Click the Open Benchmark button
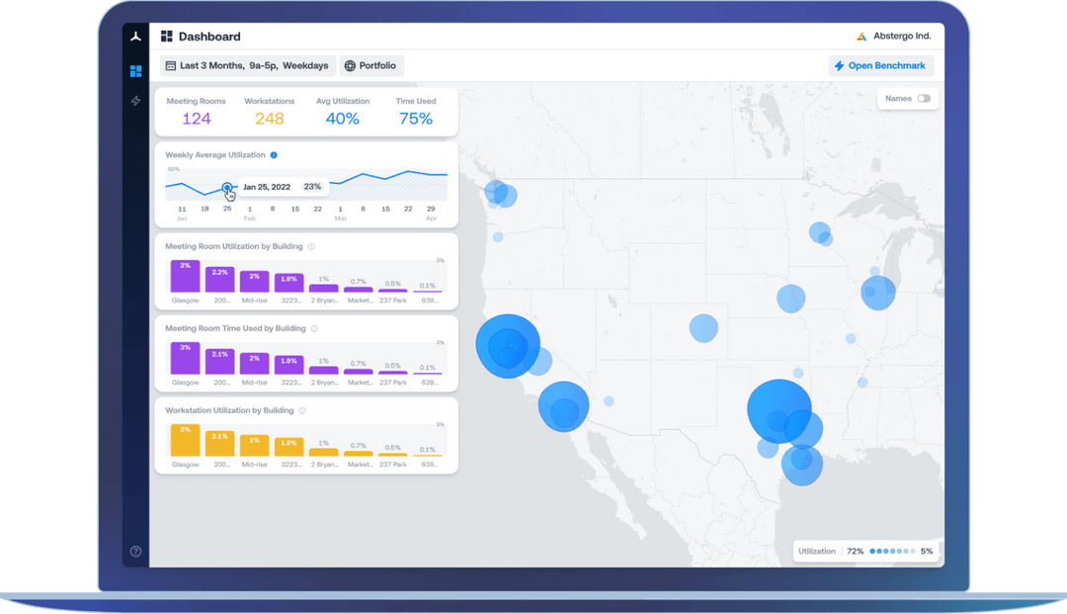coord(880,66)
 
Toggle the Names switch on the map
coord(924,99)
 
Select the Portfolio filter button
coord(371,66)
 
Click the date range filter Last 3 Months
coord(247,66)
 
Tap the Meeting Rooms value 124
coord(196,119)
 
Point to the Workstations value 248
coord(269,119)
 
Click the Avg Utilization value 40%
coord(343,119)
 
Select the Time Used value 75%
coord(415,119)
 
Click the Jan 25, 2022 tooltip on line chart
coord(283,186)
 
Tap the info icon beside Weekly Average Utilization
coord(274,155)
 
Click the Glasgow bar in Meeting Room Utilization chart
coord(185,277)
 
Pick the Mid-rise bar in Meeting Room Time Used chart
coord(254,364)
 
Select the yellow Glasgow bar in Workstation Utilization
coord(185,441)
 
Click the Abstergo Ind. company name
coord(901,37)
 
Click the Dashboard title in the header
coord(208,37)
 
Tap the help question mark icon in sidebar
coord(135,552)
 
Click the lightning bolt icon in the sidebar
coord(135,101)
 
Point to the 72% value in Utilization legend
coord(855,551)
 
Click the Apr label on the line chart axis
coord(431,219)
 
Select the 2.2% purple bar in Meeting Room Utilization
coord(219,280)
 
